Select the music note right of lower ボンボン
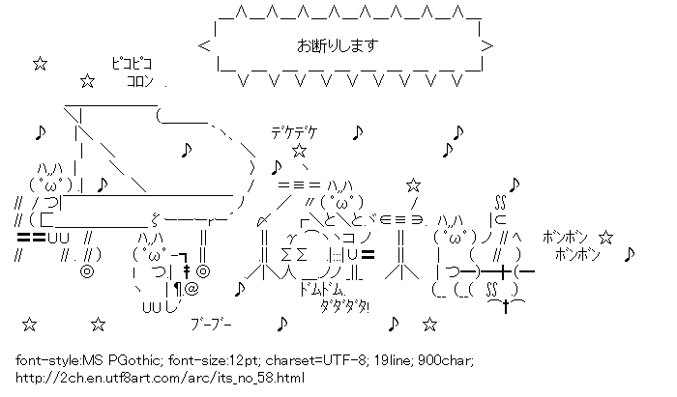pos(630,254)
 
